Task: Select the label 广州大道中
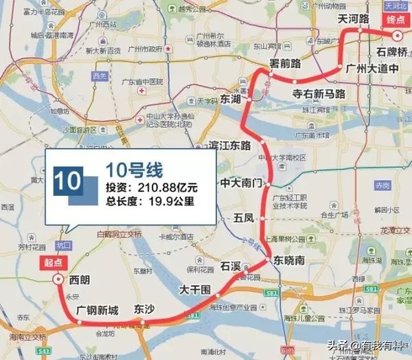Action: (378, 69)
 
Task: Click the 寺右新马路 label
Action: (319, 93)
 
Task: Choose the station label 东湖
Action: (231, 100)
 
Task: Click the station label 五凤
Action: (244, 218)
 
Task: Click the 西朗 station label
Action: (80, 279)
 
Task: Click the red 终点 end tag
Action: (397, 22)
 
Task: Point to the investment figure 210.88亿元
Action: (170, 187)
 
